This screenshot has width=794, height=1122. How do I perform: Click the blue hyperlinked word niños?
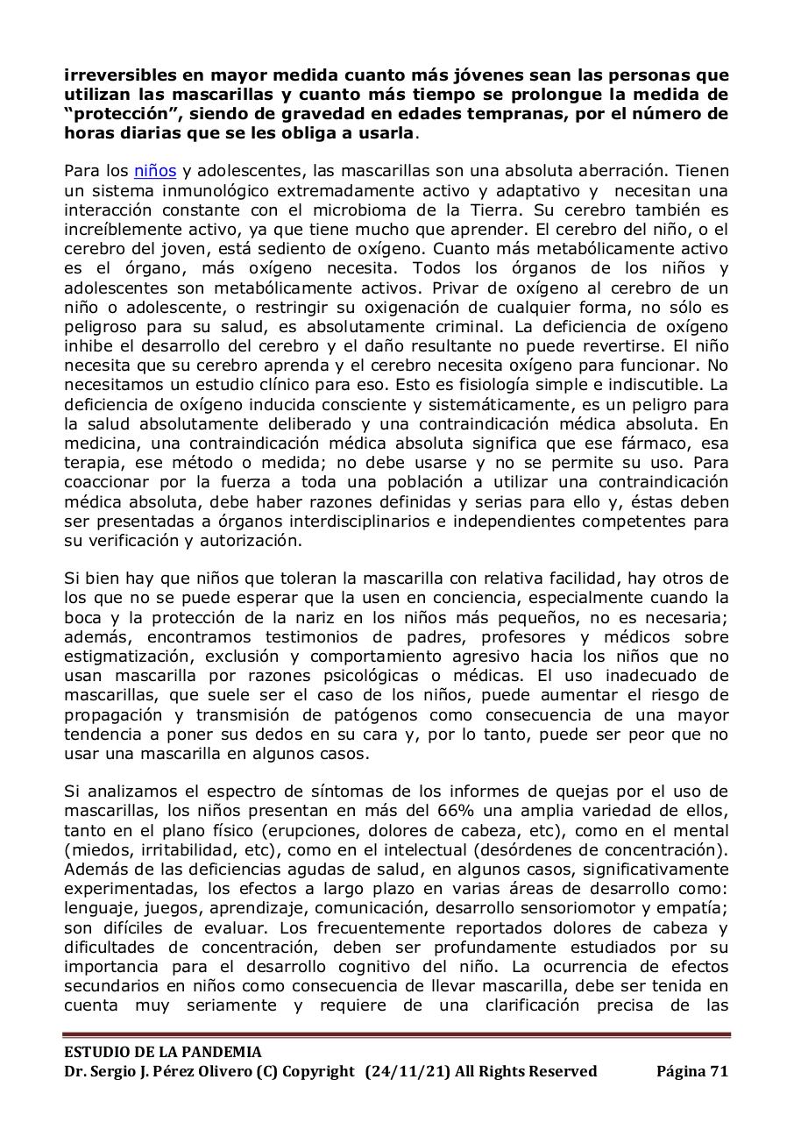[155, 172]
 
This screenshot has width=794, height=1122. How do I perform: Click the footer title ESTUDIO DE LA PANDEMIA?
[163, 1052]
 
